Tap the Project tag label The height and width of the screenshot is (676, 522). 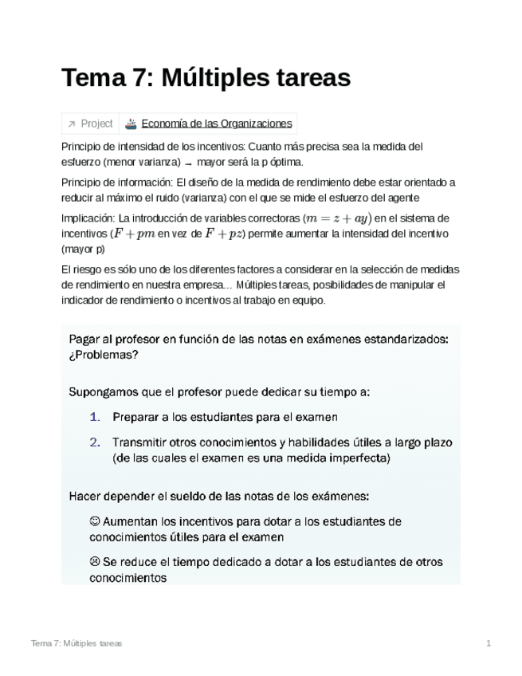tap(97, 124)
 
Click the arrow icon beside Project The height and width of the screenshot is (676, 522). tap(72, 124)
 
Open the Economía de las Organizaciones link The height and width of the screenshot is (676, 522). tap(217, 124)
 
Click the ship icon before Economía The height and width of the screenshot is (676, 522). tap(131, 124)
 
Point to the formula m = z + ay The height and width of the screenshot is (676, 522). tap(337, 218)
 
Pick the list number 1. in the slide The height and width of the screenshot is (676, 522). tap(95, 417)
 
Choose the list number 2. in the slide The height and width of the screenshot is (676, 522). tap(95, 442)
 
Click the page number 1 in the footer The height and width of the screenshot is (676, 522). tap(489, 643)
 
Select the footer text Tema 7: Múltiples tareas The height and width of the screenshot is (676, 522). tap(77, 643)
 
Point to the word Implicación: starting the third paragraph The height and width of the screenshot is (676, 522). tap(88, 218)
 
